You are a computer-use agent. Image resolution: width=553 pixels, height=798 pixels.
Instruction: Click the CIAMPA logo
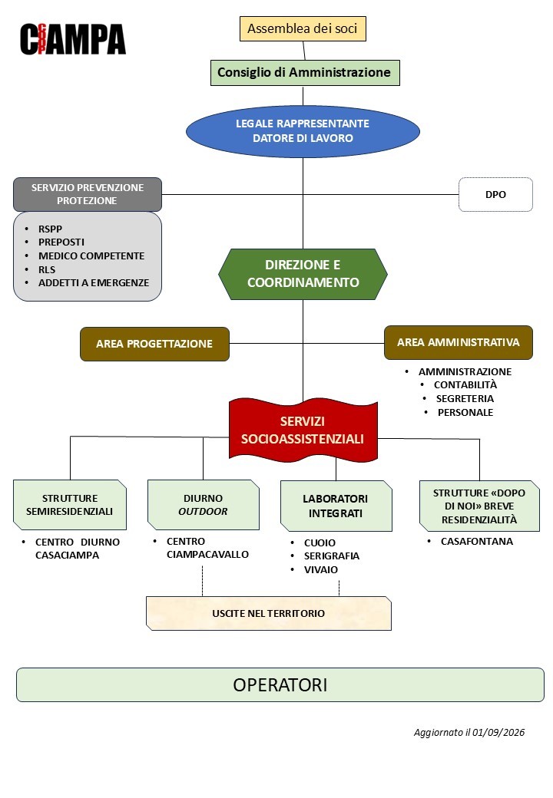coord(73,38)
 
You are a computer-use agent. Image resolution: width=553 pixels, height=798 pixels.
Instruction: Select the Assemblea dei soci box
coord(303,28)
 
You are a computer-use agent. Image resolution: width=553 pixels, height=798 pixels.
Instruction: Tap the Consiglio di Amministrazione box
coord(304,72)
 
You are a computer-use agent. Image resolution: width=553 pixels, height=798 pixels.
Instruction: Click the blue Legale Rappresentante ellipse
coord(303,130)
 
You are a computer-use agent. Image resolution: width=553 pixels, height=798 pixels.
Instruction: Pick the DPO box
coord(495,194)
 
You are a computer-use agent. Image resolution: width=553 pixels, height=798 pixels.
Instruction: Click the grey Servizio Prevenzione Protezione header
coord(87,194)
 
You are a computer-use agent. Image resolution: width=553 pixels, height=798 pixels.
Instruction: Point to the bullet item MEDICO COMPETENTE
coord(91,256)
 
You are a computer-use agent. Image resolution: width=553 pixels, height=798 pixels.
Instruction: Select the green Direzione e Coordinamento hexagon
coord(303,274)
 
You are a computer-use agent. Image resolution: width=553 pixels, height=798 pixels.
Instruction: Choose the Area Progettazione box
coord(154,344)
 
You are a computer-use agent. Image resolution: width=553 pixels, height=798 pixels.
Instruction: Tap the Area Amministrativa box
coord(459,342)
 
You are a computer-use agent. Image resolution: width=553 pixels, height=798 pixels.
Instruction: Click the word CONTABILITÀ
coord(465,384)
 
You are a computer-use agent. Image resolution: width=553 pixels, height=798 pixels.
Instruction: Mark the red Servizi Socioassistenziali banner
coord(303,430)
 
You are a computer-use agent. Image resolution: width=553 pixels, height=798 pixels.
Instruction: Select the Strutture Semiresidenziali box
coord(70,505)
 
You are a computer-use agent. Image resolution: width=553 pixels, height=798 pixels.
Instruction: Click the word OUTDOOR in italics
coord(203,512)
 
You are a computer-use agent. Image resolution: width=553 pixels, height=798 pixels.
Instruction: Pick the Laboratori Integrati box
coord(336,506)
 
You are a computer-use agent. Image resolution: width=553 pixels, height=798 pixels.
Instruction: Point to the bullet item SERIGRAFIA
coord(332,556)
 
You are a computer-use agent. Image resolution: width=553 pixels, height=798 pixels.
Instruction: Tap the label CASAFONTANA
coord(477,542)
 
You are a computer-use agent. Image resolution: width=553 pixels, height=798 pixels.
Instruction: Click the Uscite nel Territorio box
coord(269,613)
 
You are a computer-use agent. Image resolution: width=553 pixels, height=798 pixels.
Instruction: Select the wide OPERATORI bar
coord(280,685)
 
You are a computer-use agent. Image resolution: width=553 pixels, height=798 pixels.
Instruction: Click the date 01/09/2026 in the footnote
coord(498,732)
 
